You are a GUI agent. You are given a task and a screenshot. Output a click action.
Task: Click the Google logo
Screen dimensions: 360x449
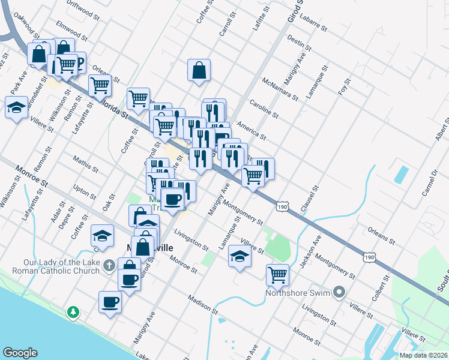coord(20,353)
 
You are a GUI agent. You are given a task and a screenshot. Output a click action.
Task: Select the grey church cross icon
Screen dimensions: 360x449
coord(109,265)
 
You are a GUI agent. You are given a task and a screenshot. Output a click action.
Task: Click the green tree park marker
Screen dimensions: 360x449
coord(73,312)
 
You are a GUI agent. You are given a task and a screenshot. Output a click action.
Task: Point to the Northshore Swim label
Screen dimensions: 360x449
coord(300,293)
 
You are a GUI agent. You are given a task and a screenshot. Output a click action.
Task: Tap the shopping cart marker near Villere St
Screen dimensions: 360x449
coord(277,275)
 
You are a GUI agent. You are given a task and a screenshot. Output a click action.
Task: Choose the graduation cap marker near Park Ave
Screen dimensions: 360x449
coord(16,108)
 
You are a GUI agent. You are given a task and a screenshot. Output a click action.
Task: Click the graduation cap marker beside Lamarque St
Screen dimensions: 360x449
coord(240,256)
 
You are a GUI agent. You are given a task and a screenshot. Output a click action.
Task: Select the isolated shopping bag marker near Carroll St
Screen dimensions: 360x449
coord(199,70)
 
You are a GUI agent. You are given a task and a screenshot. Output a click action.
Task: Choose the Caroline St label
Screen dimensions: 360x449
coord(264,109)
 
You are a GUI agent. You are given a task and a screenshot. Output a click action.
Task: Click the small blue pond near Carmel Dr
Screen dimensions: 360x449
coord(399,174)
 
